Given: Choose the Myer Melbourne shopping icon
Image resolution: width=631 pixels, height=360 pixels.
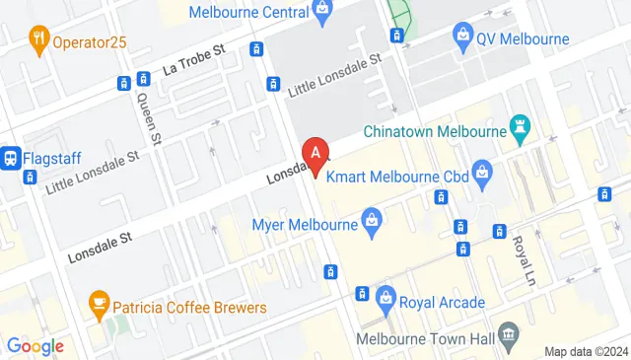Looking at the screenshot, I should [x=371, y=219].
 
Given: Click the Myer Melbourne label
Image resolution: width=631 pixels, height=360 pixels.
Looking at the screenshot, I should [x=305, y=224].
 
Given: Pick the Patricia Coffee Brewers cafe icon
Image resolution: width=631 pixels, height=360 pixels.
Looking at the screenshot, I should [x=99, y=302].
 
